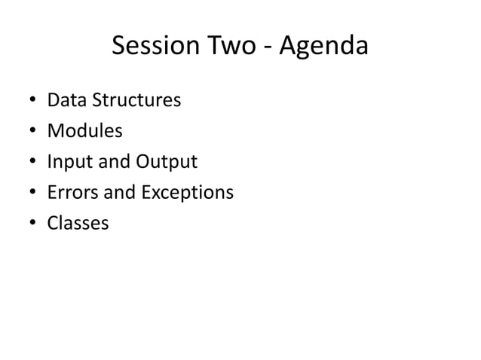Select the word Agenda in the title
click(x=324, y=48)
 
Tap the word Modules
click(x=84, y=131)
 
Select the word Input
click(x=67, y=162)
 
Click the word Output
click(x=166, y=162)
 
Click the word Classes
click(x=78, y=224)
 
